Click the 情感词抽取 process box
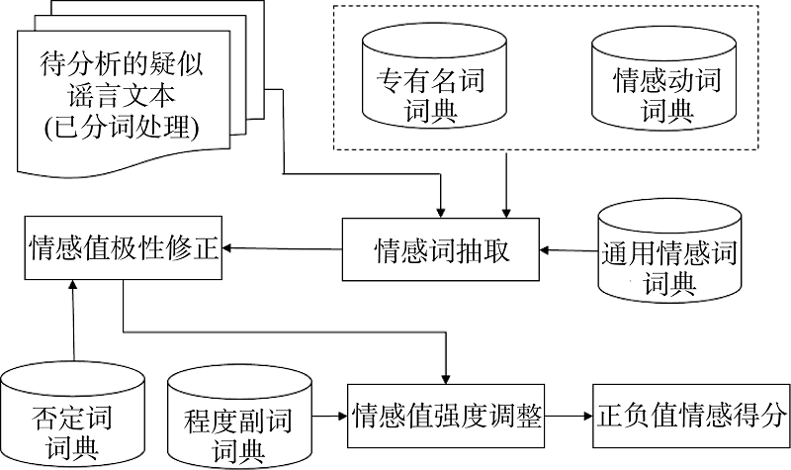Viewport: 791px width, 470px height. click(440, 249)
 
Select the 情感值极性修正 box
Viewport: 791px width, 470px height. click(124, 247)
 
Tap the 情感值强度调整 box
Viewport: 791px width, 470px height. click(446, 416)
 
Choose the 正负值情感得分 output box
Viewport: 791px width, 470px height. click(691, 416)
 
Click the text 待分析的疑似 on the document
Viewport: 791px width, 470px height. click(121, 64)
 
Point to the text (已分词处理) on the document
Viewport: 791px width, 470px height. click(121, 128)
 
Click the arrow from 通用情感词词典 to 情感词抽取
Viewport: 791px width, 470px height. click(569, 250)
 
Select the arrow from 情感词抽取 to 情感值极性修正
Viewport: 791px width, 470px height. click(282, 248)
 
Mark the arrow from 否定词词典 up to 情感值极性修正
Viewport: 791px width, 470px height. click(73, 320)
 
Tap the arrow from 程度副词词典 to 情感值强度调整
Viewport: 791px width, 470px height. click(330, 416)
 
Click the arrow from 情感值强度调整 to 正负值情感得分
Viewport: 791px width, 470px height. click(569, 416)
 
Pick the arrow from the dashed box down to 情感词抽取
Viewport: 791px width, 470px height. click(506, 184)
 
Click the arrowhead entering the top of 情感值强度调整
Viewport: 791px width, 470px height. click(446, 380)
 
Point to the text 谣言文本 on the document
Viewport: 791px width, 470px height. click(121, 96)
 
